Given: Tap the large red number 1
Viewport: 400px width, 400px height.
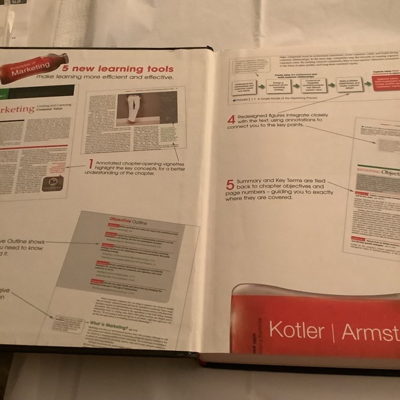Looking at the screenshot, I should (90, 163).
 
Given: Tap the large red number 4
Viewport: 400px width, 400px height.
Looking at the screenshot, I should (232, 119).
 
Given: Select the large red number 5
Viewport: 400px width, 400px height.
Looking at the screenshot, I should (231, 184).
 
